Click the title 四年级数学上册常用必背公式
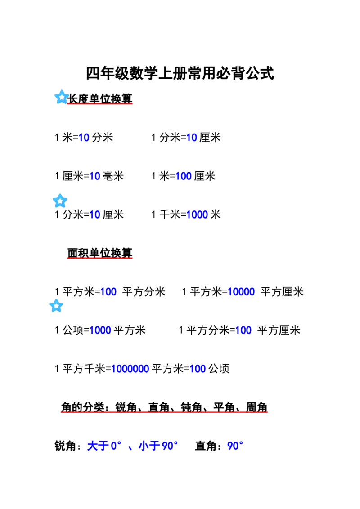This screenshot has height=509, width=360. (x=180, y=73)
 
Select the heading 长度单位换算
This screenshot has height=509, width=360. (x=100, y=98)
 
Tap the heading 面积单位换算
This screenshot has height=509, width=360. (x=100, y=253)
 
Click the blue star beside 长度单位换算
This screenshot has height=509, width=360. (x=61, y=97)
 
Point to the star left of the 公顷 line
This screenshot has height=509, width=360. (x=56, y=306)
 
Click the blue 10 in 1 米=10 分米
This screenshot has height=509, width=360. (x=84, y=138)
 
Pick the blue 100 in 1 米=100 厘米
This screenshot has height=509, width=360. (x=183, y=176)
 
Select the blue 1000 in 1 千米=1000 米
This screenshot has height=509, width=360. (x=197, y=214)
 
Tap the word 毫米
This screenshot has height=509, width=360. (x=113, y=176)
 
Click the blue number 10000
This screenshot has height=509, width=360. (x=241, y=292)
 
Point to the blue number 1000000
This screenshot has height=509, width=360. (x=130, y=369)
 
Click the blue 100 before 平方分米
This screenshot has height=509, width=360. (x=108, y=292)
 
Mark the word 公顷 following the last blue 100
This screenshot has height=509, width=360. (x=219, y=369)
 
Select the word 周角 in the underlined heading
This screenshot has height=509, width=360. (x=256, y=407)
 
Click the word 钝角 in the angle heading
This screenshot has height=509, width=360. (x=191, y=407)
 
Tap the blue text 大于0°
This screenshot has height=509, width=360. (x=104, y=446)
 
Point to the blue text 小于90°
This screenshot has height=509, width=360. (x=158, y=446)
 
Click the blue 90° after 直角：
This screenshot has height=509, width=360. (x=235, y=446)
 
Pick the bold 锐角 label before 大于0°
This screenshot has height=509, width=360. (x=65, y=446)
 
